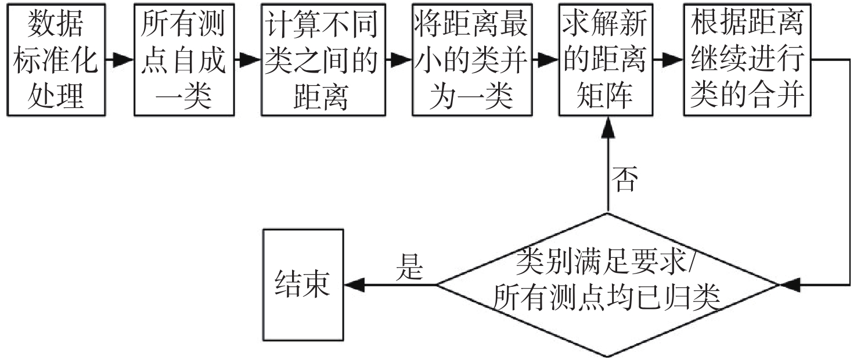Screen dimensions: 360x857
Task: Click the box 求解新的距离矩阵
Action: [604, 59]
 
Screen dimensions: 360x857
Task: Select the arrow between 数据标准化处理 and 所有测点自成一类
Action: [120, 59]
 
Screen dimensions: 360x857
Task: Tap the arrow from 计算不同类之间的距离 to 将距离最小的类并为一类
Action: [398, 59]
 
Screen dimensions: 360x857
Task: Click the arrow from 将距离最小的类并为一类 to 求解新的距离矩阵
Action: [545, 59]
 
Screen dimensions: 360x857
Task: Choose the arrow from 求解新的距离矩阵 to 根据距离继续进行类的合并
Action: [667, 59]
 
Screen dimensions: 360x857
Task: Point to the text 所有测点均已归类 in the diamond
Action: [607, 300]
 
